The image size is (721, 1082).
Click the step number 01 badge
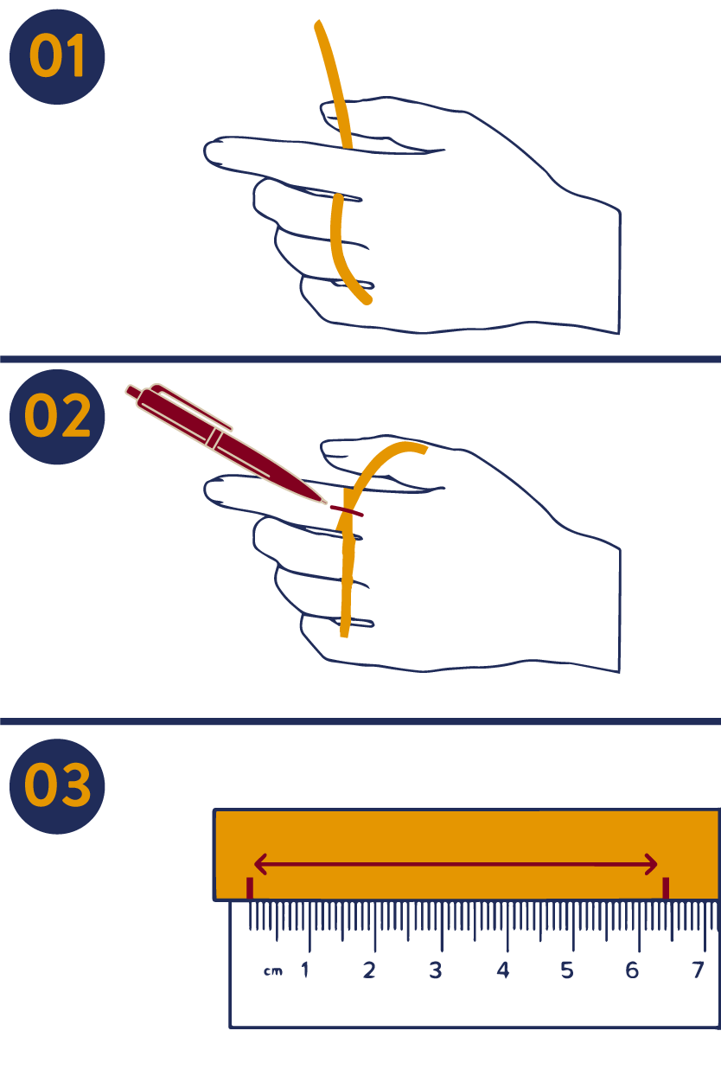click(x=57, y=57)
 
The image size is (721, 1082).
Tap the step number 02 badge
click(x=57, y=417)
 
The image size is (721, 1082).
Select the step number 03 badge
click(x=57, y=786)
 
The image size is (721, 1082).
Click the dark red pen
click(x=225, y=444)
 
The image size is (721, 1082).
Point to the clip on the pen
click(x=192, y=406)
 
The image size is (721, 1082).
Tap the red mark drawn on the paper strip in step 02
click(x=347, y=511)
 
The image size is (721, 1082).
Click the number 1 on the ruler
click(x=304, y=970)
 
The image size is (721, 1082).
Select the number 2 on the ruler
click(x=369, y=970)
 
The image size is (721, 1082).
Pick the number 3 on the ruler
click(x=436, y=970)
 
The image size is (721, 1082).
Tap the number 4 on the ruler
click(x=503, y=970)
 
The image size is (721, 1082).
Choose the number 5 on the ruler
click(x=567, y=970)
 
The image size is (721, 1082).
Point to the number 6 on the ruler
click(x=632, y=970)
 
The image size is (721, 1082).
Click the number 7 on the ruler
click(x=698, y=970)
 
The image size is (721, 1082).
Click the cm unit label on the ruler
click(x=273, y=971)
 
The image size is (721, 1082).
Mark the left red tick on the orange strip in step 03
click(x=250, y=888)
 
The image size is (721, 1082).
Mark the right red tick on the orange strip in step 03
click(x=666, y=888)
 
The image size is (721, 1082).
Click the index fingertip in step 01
click(x=206, y=150)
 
